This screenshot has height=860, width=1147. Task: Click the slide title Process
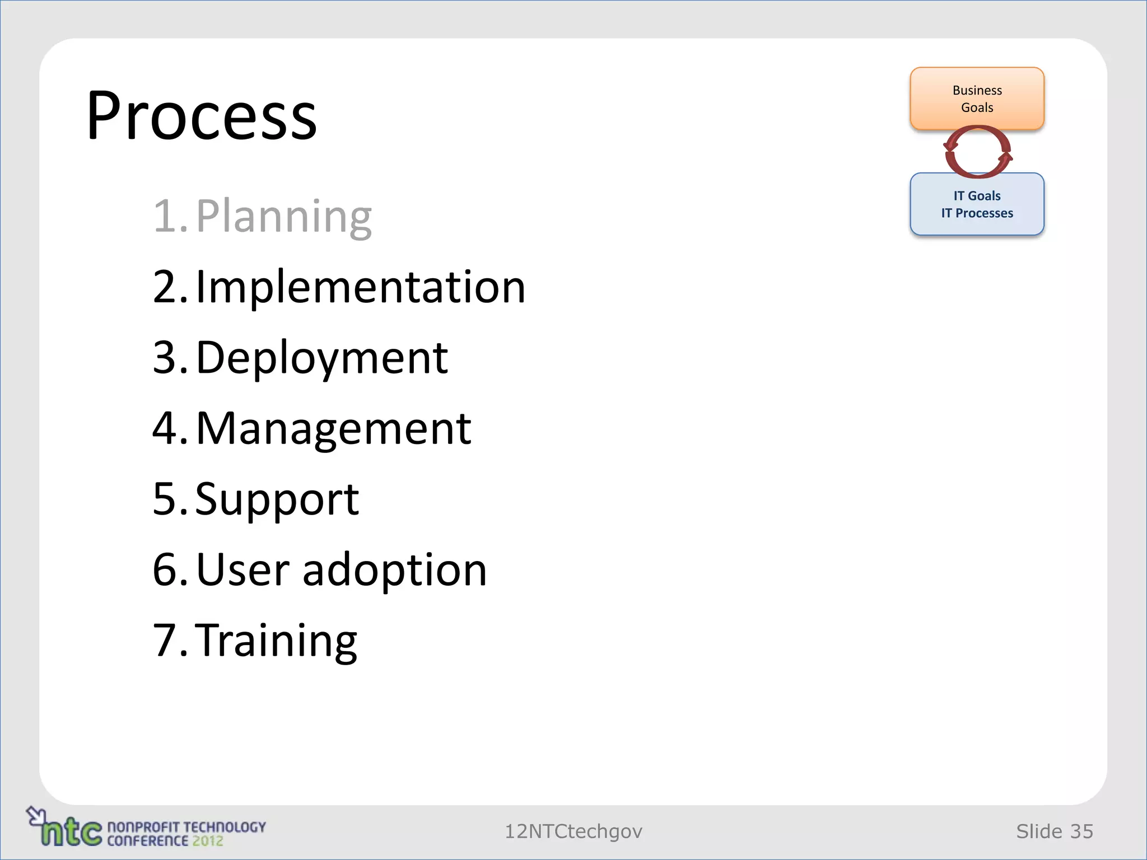click(202, 116)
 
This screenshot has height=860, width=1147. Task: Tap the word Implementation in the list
click(361, 287)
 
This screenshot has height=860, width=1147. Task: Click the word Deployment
click(322, 358)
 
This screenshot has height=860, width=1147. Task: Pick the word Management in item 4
click(334, 428)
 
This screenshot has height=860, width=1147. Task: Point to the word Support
click(277, 499)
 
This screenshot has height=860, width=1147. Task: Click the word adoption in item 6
click(394, 569)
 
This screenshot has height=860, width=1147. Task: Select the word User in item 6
click(243, 569)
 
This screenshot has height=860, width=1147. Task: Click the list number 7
click(166, 641)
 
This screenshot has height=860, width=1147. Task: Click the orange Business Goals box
click(977, 99)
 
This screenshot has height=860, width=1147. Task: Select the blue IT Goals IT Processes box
click(977, 204)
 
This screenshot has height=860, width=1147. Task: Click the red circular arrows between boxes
click(977, 152)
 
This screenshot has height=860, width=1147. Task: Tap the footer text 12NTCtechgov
click(573, 831)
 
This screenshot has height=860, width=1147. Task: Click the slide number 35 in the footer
click(1081, 831)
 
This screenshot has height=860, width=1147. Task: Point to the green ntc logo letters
click(72, 833)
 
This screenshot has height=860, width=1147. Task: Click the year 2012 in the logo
click(207, 841)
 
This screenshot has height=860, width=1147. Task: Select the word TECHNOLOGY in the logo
click(224, 827)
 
